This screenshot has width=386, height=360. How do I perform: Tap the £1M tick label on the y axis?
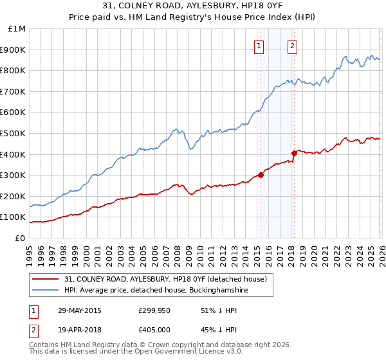pos(15,29)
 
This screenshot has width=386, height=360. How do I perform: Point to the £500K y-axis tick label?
pos(13,133)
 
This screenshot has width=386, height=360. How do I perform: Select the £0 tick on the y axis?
pos(19,238)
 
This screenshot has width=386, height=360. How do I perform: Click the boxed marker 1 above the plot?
pos(259,46)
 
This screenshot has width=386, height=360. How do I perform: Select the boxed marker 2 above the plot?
pos(292,46)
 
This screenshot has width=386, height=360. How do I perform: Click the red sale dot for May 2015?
pos(261,175)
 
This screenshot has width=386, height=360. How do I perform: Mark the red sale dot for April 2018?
pos(294,153)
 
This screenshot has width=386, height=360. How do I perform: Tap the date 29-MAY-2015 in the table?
pos(80,310)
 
